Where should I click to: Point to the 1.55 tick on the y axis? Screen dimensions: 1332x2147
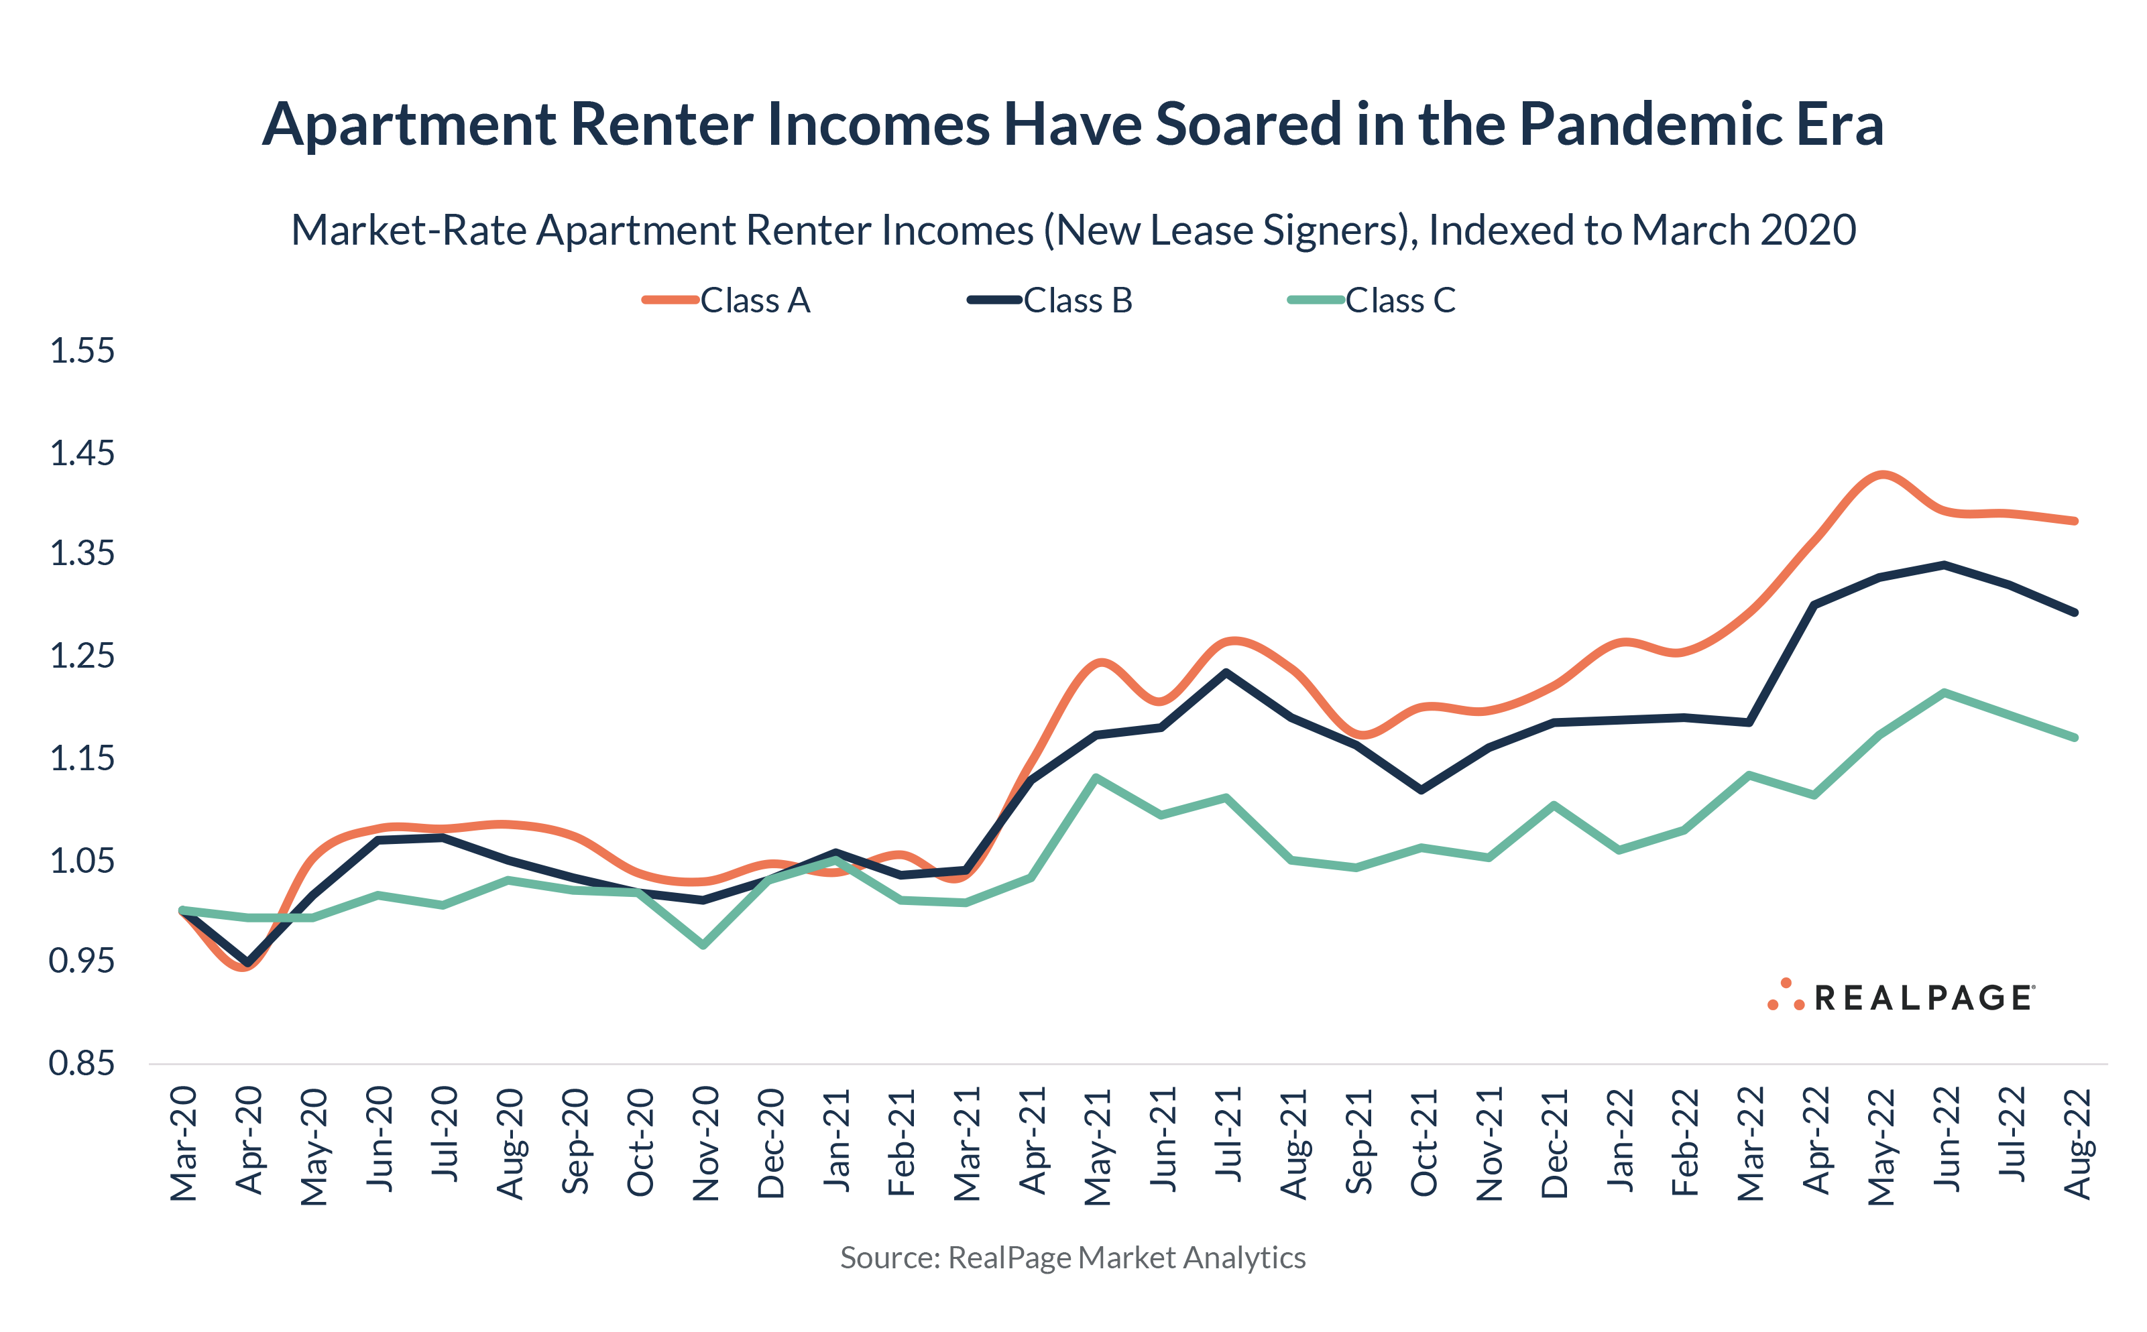[82, 351]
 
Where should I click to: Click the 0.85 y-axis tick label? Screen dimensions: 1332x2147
[82, 1063]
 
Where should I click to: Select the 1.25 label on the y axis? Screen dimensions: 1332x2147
[82, 656]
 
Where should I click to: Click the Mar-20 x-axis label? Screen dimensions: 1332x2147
[183, 1144]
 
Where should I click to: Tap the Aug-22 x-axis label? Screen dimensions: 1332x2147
[2077, 1144]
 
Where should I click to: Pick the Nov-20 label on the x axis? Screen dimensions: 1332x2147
[705, 1144]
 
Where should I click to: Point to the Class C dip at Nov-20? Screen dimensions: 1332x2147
[703, 945]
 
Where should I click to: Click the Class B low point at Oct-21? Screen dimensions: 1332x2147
[1421, 789]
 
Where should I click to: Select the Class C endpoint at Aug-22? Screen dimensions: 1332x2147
[2075, 737]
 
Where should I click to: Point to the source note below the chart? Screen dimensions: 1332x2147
[1072, 1257]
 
